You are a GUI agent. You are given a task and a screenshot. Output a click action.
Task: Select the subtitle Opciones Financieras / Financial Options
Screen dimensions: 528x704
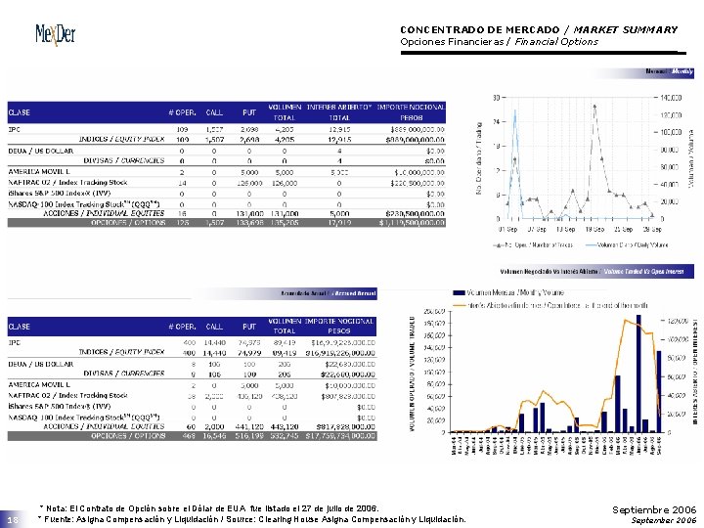coord(499,42)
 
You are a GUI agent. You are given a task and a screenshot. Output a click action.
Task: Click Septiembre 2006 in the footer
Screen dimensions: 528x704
coord(653,510)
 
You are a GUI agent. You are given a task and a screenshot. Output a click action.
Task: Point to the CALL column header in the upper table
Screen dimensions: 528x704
coord(214,111)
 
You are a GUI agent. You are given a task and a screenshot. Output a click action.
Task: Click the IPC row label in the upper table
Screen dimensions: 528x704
coord(15,128)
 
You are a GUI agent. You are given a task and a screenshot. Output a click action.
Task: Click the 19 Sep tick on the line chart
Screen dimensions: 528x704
coord(594,229)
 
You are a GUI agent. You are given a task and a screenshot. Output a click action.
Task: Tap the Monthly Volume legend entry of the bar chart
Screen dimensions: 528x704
coord(508,291)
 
